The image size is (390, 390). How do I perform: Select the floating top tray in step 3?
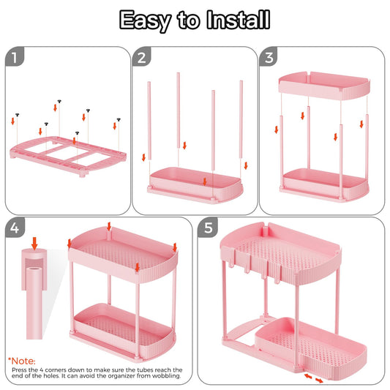[321, 84]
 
